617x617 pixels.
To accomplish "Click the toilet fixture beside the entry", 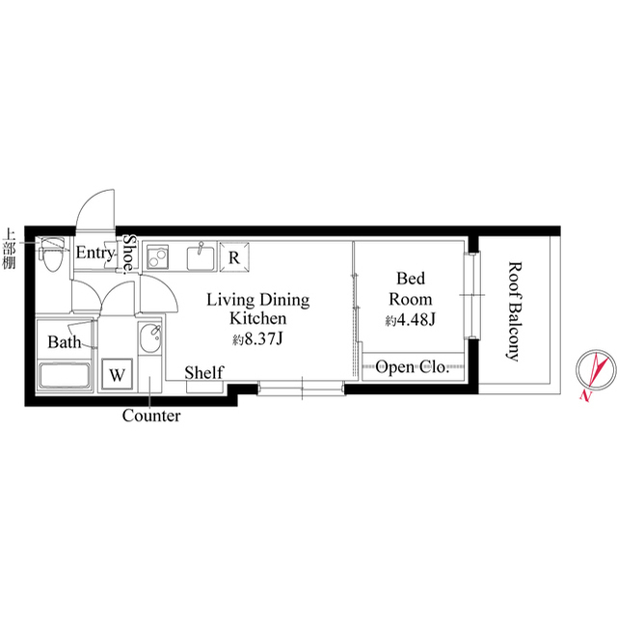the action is tap(51, 255).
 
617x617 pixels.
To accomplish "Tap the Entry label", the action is tap(95, 253).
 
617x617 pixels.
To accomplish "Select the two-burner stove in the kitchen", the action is tap(158, 256).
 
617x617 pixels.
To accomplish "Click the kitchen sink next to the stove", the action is tap(201, 257).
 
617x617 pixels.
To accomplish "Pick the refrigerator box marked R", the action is tap(234, 257).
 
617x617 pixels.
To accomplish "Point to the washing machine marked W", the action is tap(117, 374).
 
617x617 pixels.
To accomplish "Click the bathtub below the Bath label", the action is tap(65, 375).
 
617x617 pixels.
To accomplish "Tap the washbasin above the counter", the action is tap(150, 338).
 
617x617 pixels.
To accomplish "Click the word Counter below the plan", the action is tap(151, 416).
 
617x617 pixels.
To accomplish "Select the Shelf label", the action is tap(204, 373).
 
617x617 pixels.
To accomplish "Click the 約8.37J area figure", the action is tap(257, 338).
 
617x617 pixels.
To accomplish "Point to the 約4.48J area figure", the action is tap(411, 320).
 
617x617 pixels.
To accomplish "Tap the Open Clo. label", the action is tap(412, 367).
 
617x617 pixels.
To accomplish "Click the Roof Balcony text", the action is tap(513, 311).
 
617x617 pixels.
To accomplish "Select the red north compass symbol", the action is tap(596, 372).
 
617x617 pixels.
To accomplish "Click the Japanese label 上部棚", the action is tap(9, 249).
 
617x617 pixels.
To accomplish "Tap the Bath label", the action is tap(65, 342).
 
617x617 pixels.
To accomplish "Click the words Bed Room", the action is tap(411, 289).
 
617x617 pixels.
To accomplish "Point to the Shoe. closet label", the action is tap(129, 255).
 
